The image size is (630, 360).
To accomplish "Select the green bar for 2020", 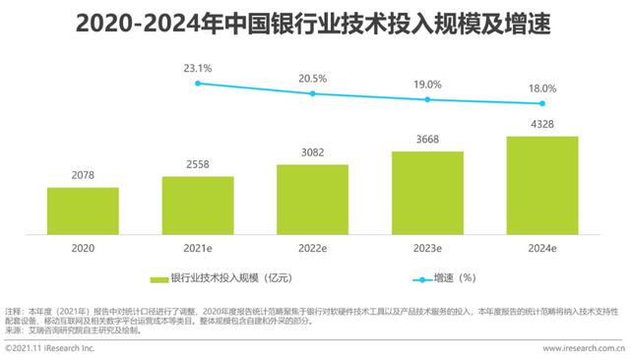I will point(83,208).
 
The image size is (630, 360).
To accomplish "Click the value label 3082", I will point(313,153).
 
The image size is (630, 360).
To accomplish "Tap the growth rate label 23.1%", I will point(198,68).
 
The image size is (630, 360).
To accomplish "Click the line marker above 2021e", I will point(198,84).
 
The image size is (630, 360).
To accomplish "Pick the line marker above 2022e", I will point(313,93).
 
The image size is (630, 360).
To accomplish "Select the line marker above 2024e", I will point(542,103).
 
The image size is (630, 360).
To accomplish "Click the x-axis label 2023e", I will point(428,250).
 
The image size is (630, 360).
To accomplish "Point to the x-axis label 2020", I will point(83,250).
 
